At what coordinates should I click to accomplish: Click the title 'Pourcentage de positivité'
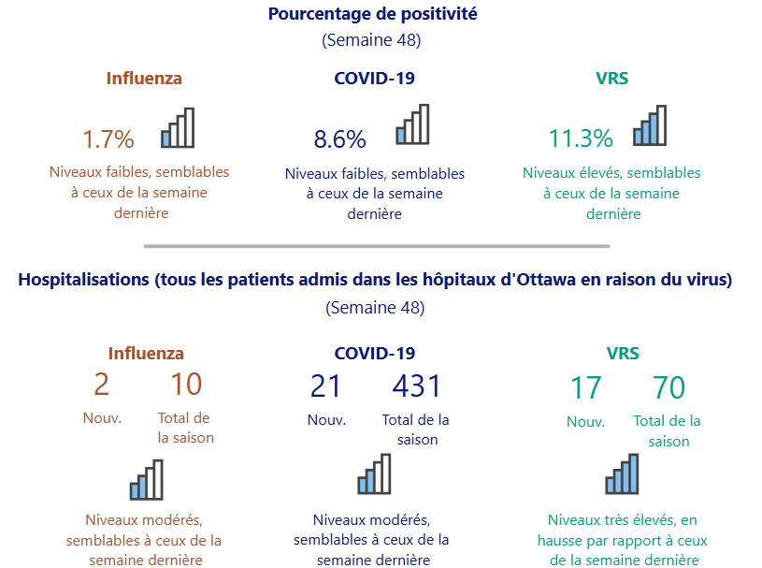pyautogui.click(x=372, y=14)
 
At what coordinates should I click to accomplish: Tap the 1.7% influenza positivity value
pyautogui.click(x=108, y=139)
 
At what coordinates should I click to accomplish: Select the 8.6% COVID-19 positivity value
pyautogui.click(x=339, y=139)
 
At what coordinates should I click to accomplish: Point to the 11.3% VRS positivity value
pyautogui.click(x=581, y=139)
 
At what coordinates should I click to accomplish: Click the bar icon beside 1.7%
pyautogui.click(x=178, y=128)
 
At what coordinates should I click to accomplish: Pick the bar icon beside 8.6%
pyautogui.click(x=412, y=124)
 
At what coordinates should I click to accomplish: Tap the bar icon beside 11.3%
pyautogui.click(x=650, y=125)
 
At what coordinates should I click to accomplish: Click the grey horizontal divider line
pyautogui.click(x=376, y=246)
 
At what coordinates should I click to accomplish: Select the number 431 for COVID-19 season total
pyautogui.click(x=416, y=386)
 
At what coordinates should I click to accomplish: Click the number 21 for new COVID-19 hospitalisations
pyautogui.click(x=325, y=386)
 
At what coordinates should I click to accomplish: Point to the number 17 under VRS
pyautogui.click(x=585, y=387)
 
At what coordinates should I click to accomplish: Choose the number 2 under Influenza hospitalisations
pyautogui.click(x=102, y=385)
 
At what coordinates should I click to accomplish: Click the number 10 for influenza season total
pyautogui.click(x=186, y=385)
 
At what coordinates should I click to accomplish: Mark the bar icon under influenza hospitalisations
pyautogui.click(x=146, y=480)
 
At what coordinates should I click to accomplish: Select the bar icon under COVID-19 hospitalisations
pyautogui.click(x=374, y=475)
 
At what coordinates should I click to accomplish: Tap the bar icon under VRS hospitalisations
pyautogui.click(x=622, y=473)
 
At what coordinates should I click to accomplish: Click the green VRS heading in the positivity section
pyautogui.click(x=611, y=79)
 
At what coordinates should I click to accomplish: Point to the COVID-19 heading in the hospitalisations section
pyautogui.click(x=375, y=353)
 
